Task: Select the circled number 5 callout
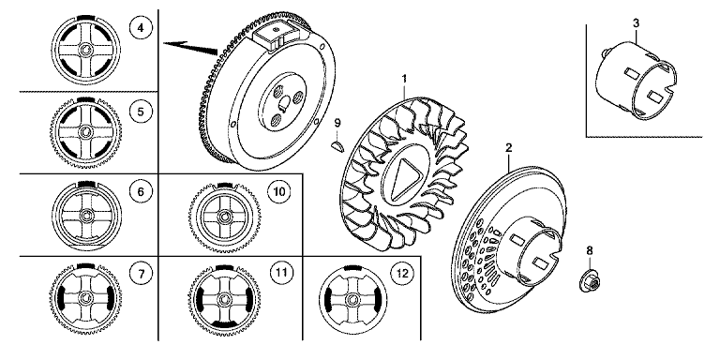pos(141,112)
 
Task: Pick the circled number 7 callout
pos(141,274)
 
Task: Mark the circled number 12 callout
pos(402,274)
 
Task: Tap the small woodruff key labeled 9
pos(337,146)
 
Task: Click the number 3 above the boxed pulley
pos(636,22)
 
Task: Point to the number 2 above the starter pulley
pos(509,148)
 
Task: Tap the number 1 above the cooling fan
pos(404,79)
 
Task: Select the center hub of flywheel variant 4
pos(85,50)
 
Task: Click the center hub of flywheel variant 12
pos(352,300)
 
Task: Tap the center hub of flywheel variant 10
pos(224,217)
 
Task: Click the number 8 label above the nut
pos(590,250)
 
